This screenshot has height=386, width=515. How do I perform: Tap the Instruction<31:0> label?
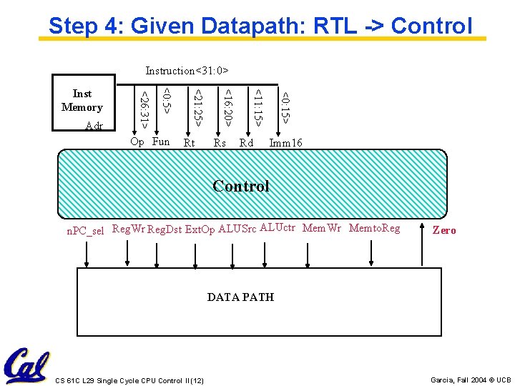[187, 71]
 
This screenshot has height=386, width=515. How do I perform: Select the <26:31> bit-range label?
[144, 109]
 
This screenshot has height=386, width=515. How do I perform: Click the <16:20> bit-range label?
[227, 107]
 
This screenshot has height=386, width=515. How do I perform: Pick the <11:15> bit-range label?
[257, 107]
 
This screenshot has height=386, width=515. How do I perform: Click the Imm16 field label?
[286, 143]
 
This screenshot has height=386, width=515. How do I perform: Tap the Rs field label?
[220, 143]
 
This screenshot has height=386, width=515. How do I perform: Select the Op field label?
[137, 142]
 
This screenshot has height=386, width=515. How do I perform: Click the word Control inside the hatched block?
[241, 187]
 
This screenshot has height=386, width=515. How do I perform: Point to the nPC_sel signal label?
[85, 231]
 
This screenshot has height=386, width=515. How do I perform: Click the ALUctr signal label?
[278, 228]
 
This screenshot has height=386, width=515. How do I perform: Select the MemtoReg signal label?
[374, 228]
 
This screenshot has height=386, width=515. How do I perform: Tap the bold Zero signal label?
[444, 230]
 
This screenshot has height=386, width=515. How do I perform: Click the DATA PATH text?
[240, 297]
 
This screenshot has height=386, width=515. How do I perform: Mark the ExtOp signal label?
[200, 229]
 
